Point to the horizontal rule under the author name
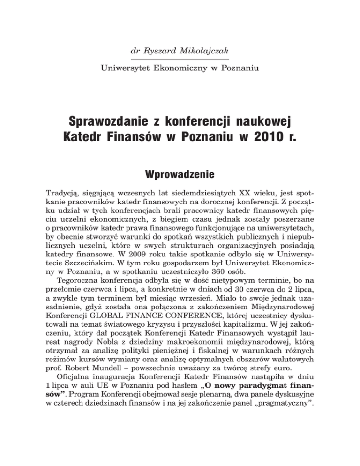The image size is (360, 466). [x=180, y=60]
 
